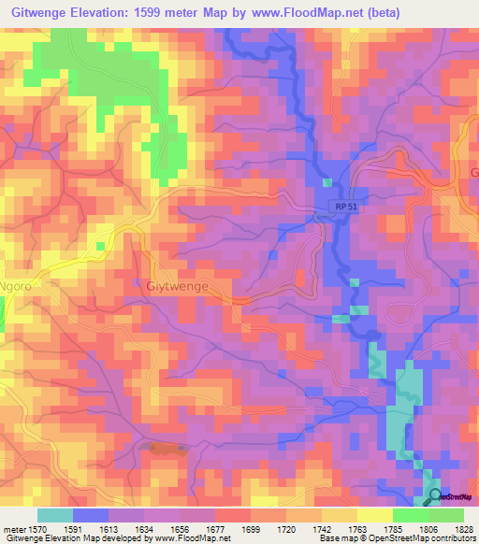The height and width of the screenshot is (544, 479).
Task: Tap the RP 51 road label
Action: (343, 210)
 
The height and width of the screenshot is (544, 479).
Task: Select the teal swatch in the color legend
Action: (54, 515)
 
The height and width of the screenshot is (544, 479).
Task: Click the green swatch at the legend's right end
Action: (446, 515)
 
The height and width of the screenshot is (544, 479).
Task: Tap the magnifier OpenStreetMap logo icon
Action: (433, 497)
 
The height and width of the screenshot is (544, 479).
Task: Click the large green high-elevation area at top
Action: (112, 79)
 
